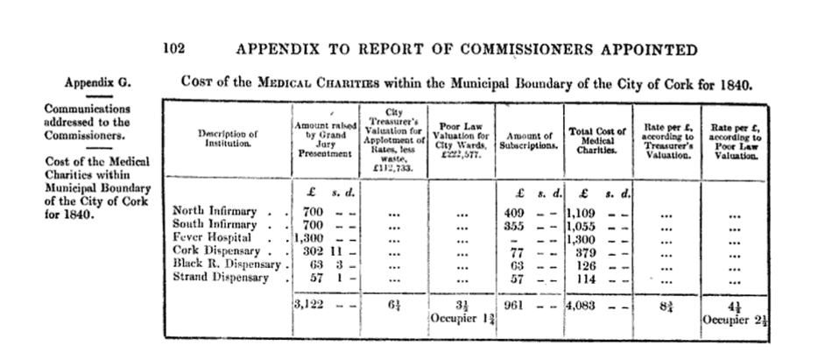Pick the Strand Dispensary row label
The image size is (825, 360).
(220, 278)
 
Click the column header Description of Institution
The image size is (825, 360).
(228, 138)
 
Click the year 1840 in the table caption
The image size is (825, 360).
(733, 83)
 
